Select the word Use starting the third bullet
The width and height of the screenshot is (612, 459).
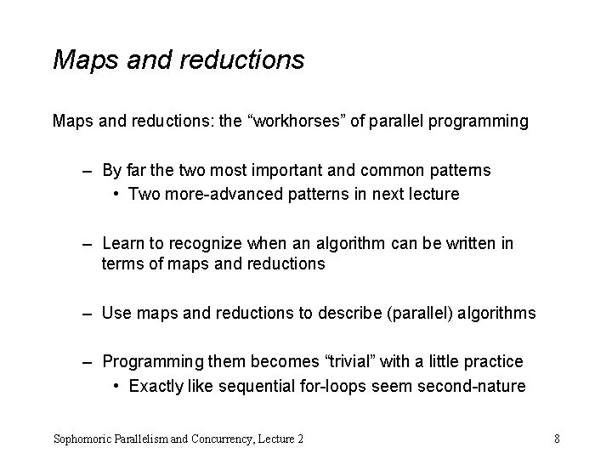click(x=116, y=313)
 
